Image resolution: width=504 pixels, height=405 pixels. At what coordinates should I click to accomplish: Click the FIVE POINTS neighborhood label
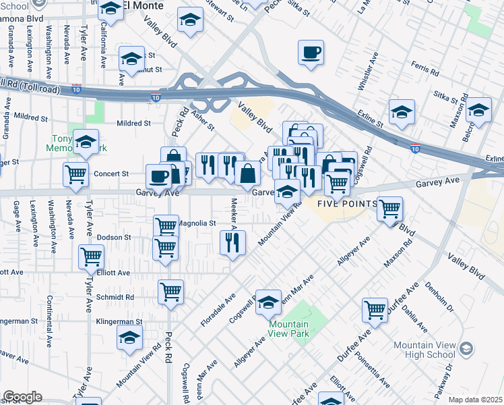(339, 205)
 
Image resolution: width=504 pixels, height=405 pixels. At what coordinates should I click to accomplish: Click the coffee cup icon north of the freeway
(311, 53)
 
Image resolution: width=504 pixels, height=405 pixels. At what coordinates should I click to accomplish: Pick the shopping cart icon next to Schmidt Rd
(170, 292)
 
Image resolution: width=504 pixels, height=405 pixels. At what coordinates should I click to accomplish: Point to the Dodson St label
(113, 238)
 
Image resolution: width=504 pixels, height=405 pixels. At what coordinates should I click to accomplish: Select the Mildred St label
(133, 124)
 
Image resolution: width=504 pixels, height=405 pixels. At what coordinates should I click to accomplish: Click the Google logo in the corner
(22, 396)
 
